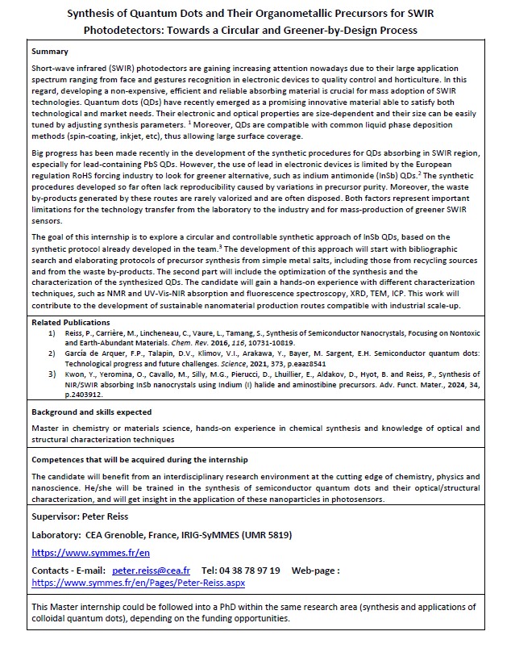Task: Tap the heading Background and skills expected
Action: click(91, 412)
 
